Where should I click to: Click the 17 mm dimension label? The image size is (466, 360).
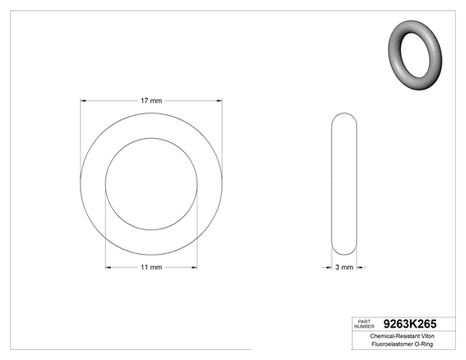pyautogui.click(x=151, y=101)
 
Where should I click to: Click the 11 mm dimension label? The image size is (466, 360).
pyautogui.click(x=151, y=268)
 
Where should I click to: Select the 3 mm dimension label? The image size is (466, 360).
pyautogui.click(x=345, y=268)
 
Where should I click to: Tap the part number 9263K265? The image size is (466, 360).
pyautogui.click(x=410, y=324)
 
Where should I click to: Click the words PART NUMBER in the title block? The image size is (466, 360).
pyautogui.click(x=364, y=324)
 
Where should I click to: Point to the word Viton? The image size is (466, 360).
pyautogui.click(x=428, y=336)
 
